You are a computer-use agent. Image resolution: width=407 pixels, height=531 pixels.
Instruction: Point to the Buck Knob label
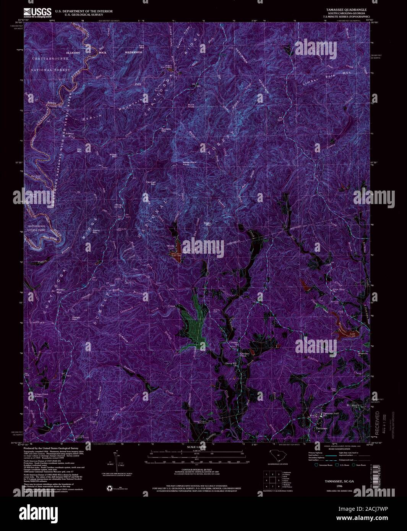(x=191, y=106)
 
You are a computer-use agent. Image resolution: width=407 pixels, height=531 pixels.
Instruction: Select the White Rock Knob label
(x=189, y=164)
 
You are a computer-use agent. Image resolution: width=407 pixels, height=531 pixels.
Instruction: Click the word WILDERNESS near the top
(x=133, y=52)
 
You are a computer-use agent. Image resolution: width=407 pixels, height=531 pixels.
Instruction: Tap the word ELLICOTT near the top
(x=74, y=52)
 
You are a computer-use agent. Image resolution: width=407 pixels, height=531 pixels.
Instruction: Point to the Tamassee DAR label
(x=329, y=414)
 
